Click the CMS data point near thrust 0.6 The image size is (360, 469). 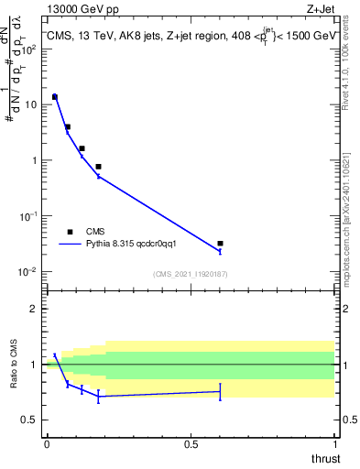point(220,244)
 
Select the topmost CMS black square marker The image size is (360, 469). point(54,96)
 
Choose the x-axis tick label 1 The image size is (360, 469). point(335,444)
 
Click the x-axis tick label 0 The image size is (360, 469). point(46,444)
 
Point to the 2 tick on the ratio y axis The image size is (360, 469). point(36,309)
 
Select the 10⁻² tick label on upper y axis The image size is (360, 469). point(28,272)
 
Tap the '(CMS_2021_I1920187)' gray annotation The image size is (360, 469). point(190,274)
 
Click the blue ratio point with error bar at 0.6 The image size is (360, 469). point(220,391)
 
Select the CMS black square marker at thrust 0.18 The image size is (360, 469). point(98,167)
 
